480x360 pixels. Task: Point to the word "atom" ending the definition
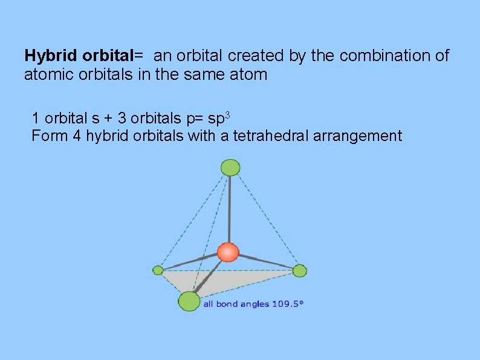(248, 76)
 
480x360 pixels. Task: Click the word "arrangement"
(358, 136)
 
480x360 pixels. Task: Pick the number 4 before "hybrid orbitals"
(76, 136)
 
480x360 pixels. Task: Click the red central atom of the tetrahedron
(229, 252)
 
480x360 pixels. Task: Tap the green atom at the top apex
(230, 167)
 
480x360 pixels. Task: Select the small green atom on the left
(158, 270)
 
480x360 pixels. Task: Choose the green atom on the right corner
(300, 270)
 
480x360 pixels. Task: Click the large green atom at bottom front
(189, 301)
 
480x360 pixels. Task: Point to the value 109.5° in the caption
(287, 304)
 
